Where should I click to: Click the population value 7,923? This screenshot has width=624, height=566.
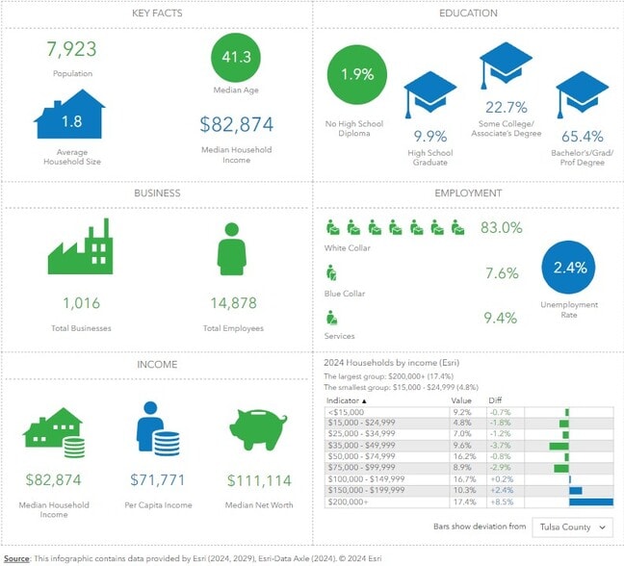tap(71, 48)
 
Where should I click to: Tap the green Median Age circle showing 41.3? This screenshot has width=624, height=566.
tap(236, 57)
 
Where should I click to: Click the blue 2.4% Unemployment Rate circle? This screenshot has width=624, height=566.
tap(570, 268)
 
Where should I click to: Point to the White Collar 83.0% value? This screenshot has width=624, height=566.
tap(501, 228)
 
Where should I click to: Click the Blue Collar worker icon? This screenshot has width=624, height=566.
tap(332, 273)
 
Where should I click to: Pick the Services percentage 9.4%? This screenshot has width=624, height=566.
tap(501, 318)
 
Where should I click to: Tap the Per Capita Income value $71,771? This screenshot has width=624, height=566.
tap(160, 479)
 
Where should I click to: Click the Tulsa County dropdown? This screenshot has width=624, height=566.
tap(575, 527)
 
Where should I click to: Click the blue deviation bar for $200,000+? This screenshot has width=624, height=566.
tap(591, 502)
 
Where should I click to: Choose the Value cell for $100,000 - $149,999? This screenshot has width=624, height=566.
tap(462, 478)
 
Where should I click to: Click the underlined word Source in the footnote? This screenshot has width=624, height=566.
tap(15, 557)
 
